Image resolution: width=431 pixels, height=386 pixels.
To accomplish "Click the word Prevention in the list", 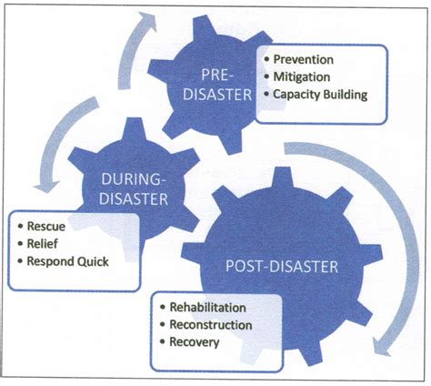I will click(306, 60).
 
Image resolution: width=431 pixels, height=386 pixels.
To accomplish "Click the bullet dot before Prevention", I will click(266, 61).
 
